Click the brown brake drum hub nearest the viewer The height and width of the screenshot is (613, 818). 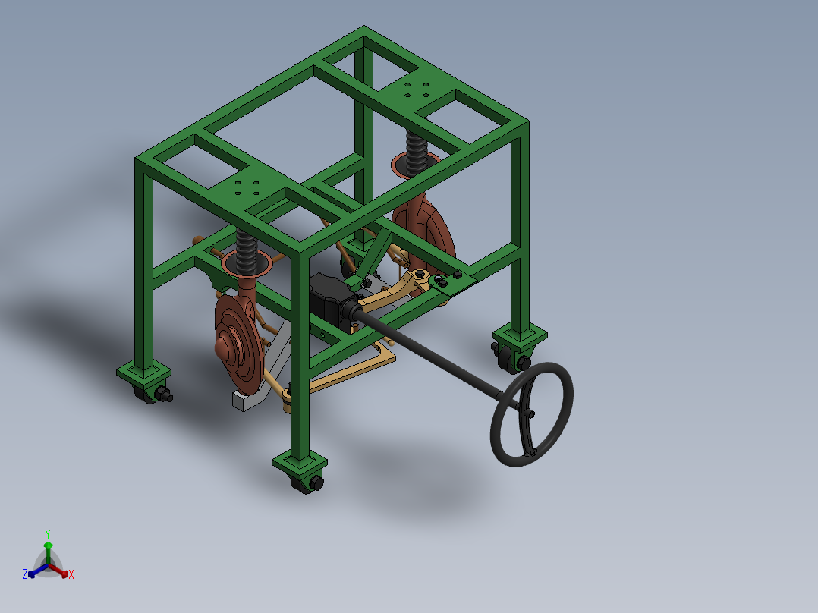tap(224, 348)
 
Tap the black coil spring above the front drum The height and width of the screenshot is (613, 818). tap(246, 250)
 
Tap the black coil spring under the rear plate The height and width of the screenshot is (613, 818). tap(416, 152)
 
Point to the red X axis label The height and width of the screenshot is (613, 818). tap(71, 575)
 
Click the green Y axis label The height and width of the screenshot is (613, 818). tap(47, 533)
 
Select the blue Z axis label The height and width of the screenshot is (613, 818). tap(25, 574)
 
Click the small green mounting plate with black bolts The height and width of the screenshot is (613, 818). tap(452, 282)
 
